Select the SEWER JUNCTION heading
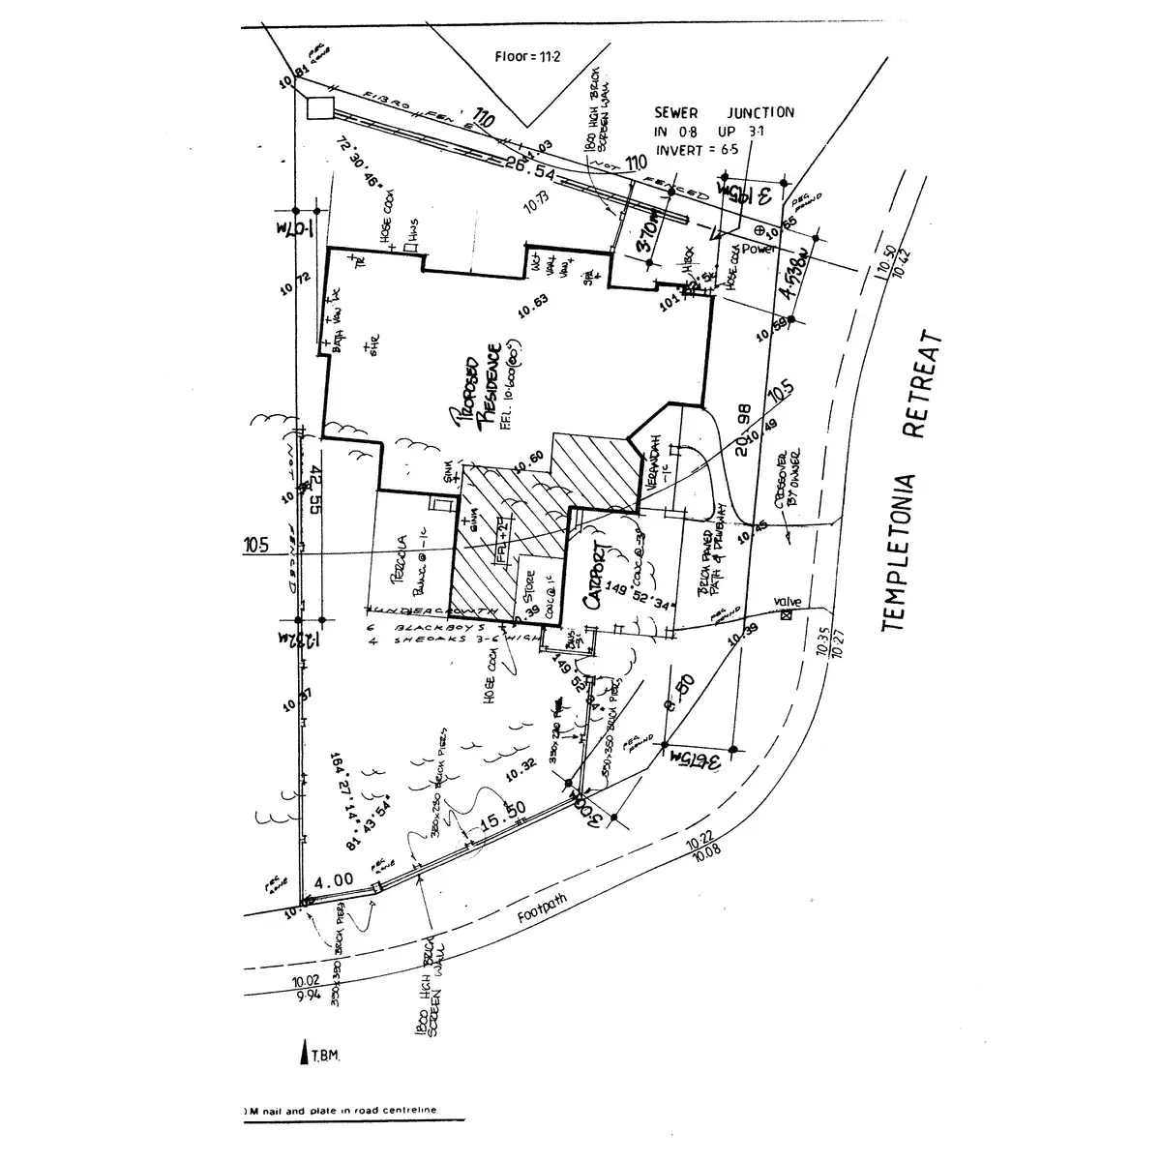click(x=725, y=113)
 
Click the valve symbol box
click(x=786, y=612)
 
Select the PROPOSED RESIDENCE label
click(x=475, y=387)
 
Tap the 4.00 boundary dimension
click(x=335, y=881)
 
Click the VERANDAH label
click(x=657, y=464)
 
